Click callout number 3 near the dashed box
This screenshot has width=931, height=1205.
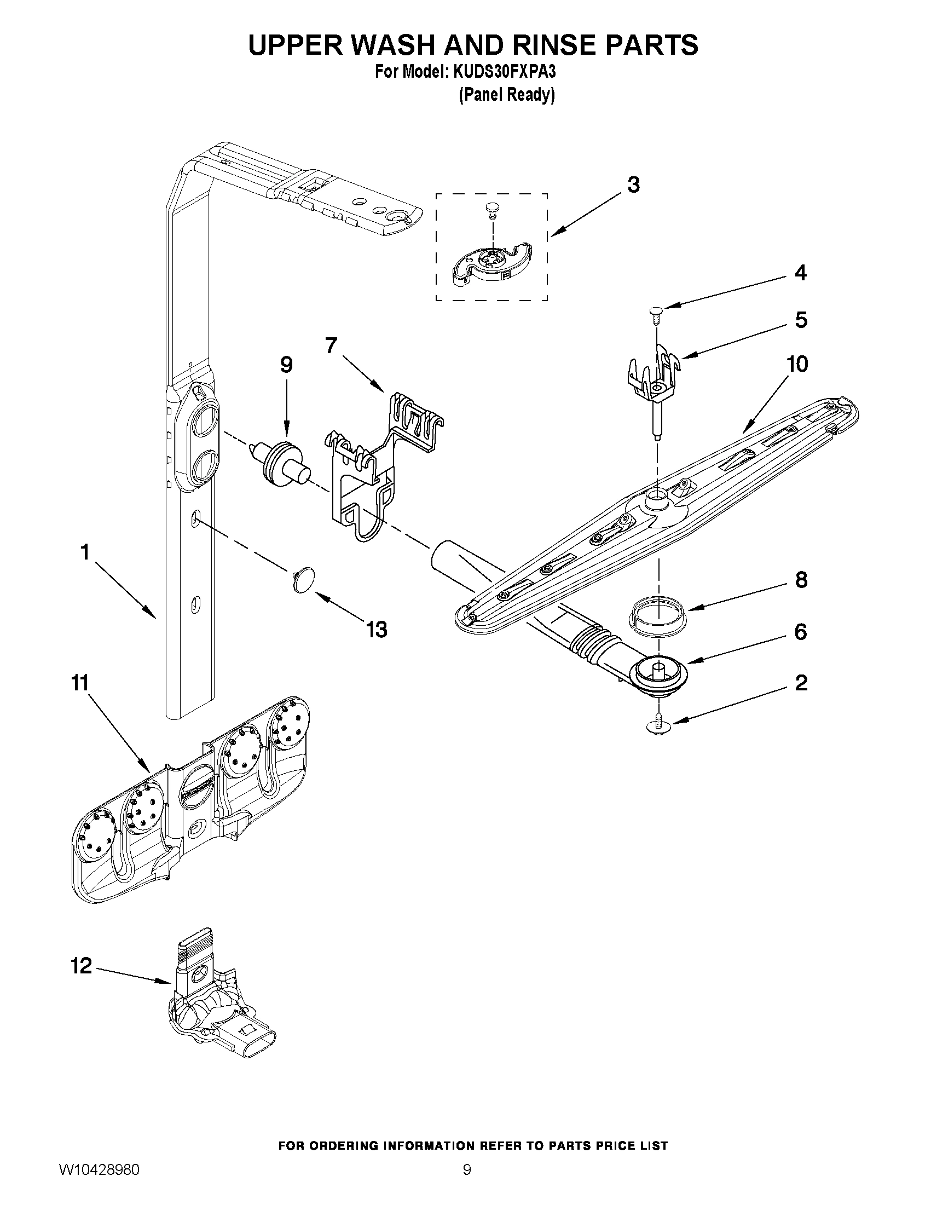[x=633, y=185]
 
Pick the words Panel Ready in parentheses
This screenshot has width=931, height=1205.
[x=506, y=95]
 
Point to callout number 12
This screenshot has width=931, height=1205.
[x=81, y=966]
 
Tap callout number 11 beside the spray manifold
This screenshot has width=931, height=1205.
[x=80, y=683]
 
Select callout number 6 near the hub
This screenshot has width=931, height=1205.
[x=800, y=632]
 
